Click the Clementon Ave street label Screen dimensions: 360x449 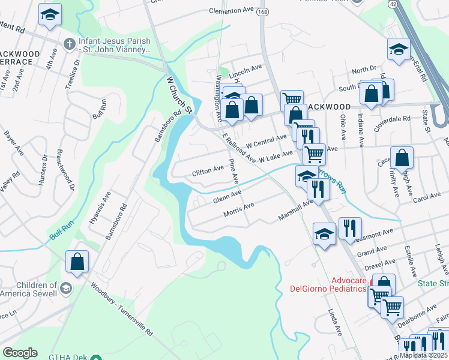point(232,11)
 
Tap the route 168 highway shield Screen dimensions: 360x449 point(262,12)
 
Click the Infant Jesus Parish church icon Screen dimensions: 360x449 point(70,44)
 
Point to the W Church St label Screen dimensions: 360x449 point(179,94)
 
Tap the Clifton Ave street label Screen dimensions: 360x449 point(208,172)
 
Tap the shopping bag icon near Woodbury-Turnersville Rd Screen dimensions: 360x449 point(77,262)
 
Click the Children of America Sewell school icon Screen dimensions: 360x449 point(66,289)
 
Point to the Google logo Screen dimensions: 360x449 point(20,353)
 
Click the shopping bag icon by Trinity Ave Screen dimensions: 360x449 point(402,158)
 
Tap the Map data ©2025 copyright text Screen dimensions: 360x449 point(424,355)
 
